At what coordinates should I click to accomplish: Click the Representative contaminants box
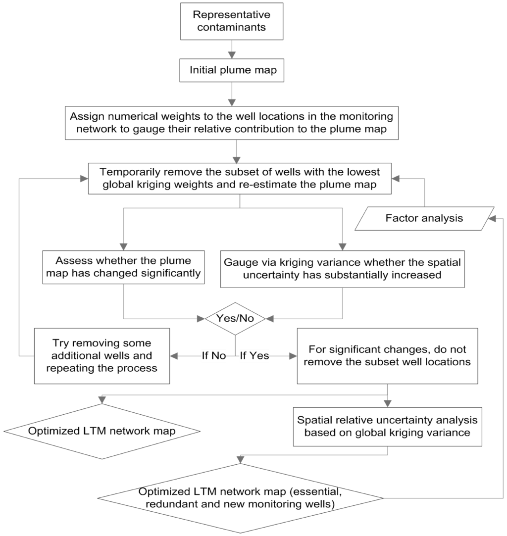coord(231,21)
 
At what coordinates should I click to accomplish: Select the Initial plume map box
coord(231,71)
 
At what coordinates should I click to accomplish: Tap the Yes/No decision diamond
coord(235,318)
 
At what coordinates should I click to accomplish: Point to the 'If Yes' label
coord(254,355)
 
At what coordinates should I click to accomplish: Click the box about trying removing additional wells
coord(102,355)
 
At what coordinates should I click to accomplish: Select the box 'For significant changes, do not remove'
coord(387,355)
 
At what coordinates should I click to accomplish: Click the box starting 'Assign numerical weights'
coord(238,124)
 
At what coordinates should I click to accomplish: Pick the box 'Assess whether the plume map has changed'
coord(124,267)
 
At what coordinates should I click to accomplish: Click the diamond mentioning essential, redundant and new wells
coord(241,498)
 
